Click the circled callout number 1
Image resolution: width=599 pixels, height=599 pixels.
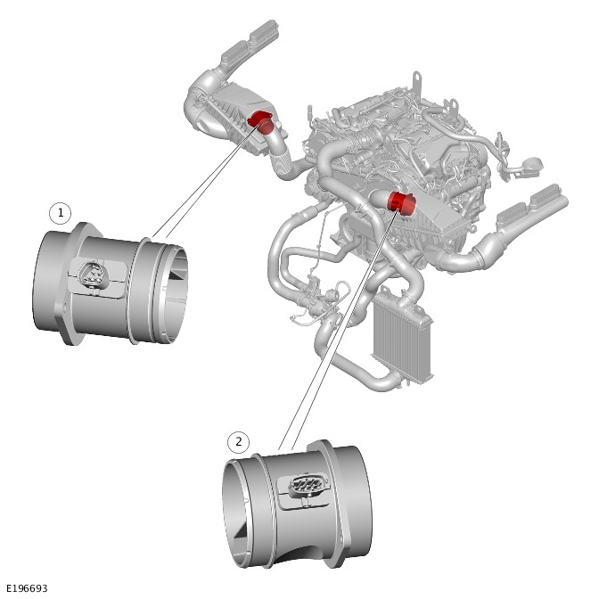click(61, 213)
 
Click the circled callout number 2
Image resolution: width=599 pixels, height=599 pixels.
click(239, 442)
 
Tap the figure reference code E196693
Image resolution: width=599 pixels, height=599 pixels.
click(27, 588)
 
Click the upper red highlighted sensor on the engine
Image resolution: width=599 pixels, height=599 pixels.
click(261, 122)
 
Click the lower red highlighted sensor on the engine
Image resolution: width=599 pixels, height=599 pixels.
click(401, 203)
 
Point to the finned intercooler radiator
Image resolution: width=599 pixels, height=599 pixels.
click(402, 333)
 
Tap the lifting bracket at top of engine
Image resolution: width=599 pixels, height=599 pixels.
click(417, 81)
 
